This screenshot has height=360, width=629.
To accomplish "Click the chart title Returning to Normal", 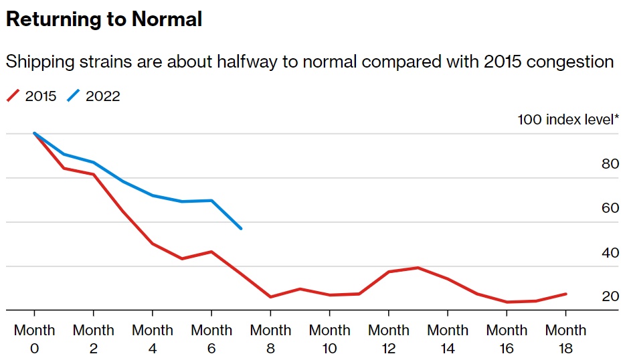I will [x=104, y=19].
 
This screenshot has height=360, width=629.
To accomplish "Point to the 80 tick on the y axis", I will [x=610, y=164].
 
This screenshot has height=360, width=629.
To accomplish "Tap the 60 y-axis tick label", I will [x=610, y=208].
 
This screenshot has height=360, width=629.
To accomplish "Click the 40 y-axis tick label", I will [x=610, y=253].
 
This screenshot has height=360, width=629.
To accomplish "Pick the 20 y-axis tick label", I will [x=610, y=296].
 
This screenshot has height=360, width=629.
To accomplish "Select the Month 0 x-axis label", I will [x=35, y=339].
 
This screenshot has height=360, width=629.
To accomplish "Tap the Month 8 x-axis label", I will [x=270, y=339].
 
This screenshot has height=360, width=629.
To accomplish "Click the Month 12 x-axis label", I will [x=389, y=339].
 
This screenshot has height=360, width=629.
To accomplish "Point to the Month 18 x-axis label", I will [x=565, y=339].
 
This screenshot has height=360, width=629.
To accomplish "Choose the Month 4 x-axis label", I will [x=153, y=339].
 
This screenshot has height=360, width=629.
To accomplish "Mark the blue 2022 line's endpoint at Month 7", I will [x=241, y=229].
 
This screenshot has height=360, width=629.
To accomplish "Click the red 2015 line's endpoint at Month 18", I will [x=566, y=294].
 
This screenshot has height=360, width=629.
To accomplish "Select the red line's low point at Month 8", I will [x=270, y=297].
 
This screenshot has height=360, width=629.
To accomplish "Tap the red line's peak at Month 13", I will [x=418, y=268].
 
